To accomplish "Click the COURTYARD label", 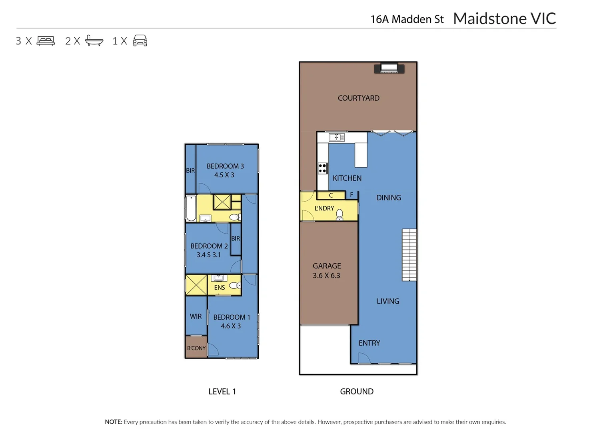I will click(358, 98).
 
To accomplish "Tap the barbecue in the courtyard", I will click(389, 68).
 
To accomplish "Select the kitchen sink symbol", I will click(336, 138).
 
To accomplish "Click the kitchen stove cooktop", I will click(322, 168).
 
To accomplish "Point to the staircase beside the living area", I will click(409, 254).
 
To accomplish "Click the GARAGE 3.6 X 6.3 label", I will click(327, 270).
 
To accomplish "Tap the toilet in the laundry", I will click(339, 214).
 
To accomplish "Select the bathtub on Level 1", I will click(191, 208).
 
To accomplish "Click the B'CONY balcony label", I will click(196, 348).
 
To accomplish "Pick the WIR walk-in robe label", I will click(196, 316).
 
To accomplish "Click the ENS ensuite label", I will click(220, 288).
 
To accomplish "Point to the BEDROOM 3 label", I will click(225, 166).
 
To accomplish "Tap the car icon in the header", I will click(140, 41).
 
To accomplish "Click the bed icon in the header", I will click(46, 41).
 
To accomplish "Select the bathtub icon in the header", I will click(94, 41).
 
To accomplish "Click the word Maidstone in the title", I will click(490, 18).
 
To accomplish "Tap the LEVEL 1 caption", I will click(222, 392).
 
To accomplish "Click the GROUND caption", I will click(357, 392).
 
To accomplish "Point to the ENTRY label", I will click(369, 343).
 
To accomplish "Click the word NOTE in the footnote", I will click(113, 422).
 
